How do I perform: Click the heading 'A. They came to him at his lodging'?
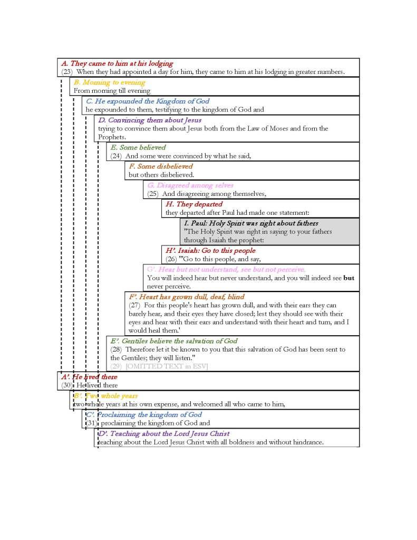[x=117, y=63]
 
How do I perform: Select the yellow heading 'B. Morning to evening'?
[x=109, y=82]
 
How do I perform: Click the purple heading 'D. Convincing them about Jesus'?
[x=150, y=120]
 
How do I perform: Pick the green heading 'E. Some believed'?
[x=138, y=147]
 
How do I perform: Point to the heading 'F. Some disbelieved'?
[x=161, y=166]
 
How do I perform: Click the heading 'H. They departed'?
[x=194, y=204]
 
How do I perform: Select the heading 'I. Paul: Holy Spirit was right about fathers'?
[x=251, y=223]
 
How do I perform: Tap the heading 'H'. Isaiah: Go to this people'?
[x=210, y=250]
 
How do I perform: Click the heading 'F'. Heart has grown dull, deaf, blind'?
[x=187, y=297]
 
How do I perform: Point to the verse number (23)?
[x=67, y=72]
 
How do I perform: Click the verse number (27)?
[x=135, y=305]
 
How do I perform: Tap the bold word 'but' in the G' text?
[x=349, y=278]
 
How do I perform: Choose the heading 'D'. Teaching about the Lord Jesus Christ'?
[x=164, y=433]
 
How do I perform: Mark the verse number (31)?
[x=92, y=423]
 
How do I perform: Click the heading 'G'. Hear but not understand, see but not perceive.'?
[x=226, y=269]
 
